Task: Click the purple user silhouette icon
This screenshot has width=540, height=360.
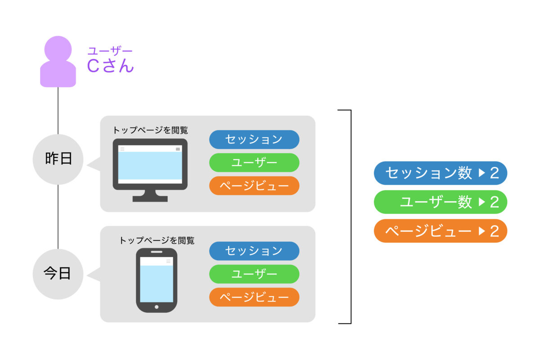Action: [58, 62]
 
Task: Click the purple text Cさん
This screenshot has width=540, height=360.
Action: [110, 65]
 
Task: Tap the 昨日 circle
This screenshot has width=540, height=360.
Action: [58, 159]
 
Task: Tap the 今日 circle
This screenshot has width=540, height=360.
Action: [58, 274]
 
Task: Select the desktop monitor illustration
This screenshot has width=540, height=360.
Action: [150, 170]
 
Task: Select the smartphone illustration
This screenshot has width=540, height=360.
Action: [157, 280]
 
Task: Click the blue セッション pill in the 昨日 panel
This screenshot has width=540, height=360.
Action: [254, 139]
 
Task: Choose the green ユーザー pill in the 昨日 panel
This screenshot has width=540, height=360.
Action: [254, 162]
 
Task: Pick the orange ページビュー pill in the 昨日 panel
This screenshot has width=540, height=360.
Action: [254, 186]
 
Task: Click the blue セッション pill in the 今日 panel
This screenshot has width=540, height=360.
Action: [254, 251]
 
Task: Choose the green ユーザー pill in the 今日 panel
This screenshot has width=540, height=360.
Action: [254, 274]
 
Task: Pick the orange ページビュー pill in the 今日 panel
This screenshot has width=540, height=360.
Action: [254, 297]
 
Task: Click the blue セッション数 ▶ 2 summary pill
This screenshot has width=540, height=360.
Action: [441, 173]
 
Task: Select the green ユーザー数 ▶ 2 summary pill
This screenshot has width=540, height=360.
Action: [441, 202]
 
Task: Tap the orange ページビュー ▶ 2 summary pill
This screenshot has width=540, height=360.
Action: [441, 231]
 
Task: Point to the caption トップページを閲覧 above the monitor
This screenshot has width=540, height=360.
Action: [150, 130]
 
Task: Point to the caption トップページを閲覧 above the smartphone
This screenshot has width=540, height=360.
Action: [157, 240]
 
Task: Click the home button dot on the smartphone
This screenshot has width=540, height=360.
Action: [157, 307]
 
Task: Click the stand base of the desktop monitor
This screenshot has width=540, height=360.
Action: [150, 199]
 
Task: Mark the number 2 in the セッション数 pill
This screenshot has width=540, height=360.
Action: [495, 173]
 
